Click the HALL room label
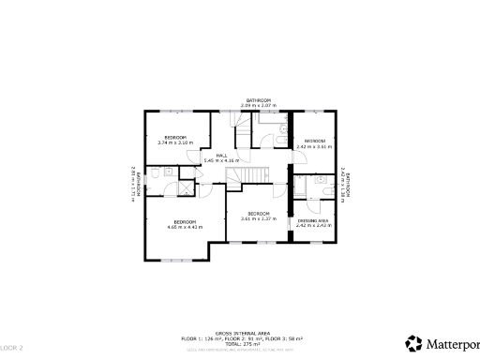click(222, 156)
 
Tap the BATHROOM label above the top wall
click(259, 100)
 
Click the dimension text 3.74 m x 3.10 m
click(175, 143)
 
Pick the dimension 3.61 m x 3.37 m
click(259, 219)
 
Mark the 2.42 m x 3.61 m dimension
click(314, 146)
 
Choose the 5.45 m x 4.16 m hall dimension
click(222, 161)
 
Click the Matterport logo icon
click(412, 342)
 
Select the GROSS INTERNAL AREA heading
click(242, 333)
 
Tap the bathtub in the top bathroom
click(280, 138)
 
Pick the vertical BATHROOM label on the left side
click(138, 182)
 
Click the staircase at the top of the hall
click(243, 136)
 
